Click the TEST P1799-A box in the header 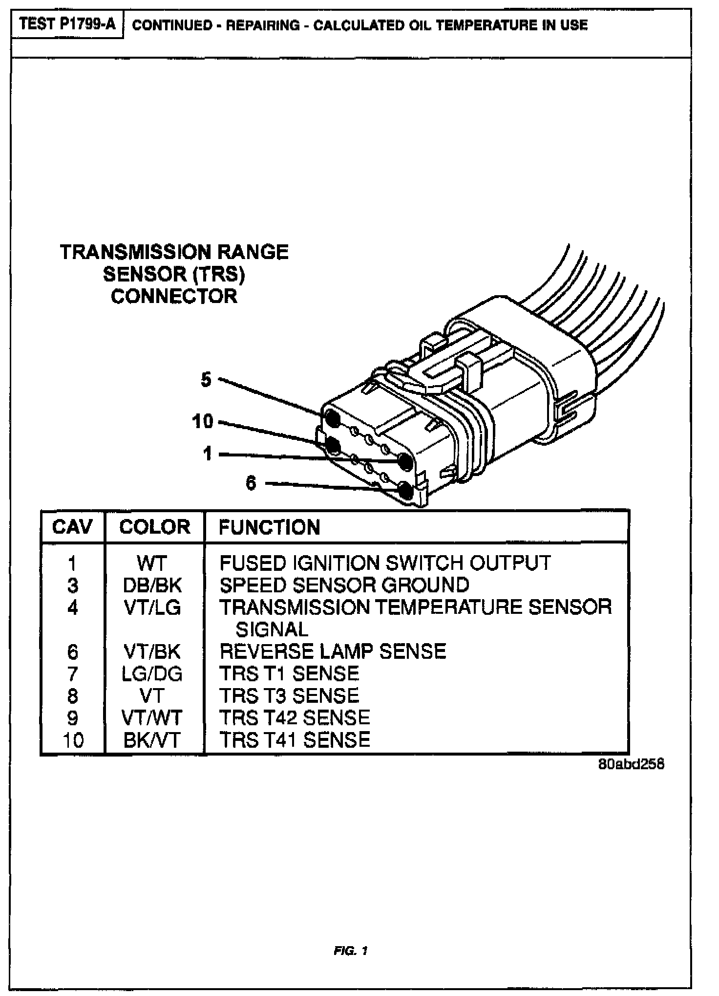[x=68, y=24]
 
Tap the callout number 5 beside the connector [x=206, y=379]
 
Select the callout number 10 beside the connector [x=203, y=421]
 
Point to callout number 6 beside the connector [x=251, y=483]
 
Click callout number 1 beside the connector [x=208, y=454]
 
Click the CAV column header [x=72, y=527]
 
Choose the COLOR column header [x=154, y=527]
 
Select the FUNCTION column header [x=269, y=527]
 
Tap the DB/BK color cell [x=152, y=585]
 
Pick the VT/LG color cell [x=152, y=607]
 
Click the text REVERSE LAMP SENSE [x=333, y=651]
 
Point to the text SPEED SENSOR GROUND [x=344, y=585]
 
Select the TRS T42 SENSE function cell [x=295, y=717]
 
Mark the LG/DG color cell [x=152, y=674]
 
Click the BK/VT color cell [x=152, y=740]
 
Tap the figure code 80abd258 [x=631, y=764]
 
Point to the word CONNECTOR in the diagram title [x=174, y=296]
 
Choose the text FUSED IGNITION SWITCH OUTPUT [x=385, y=563]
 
